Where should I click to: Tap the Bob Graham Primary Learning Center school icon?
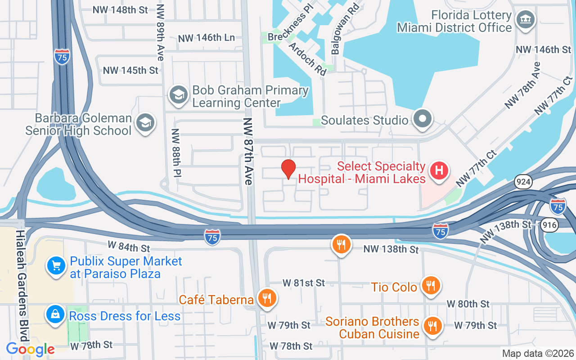click(x=178, y=95)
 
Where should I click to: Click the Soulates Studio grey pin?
click(x=423, y=119)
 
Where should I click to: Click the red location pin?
click(x=288, y=169)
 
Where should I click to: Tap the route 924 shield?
click(x=524, y=182)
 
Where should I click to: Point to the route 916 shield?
click(x=549, y=225)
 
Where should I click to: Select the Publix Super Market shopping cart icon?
click(x=56, y=265)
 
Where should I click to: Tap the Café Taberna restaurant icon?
click(x=267, y=298)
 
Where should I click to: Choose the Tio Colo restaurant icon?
click(x=431, y=285)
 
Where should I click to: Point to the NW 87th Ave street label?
click(x=248, y=151)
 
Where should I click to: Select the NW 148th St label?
click(x=120, y=9)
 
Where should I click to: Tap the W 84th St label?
click(x=129, y=247)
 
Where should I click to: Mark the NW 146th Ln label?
click(x=207, y=38)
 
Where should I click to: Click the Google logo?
click(x=30, y=349)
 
